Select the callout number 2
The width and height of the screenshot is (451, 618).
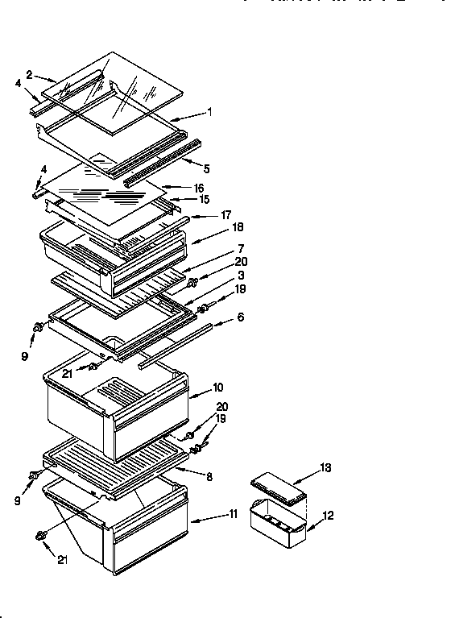click(x=29, y=74)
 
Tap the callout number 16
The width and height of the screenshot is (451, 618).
click(x=199, y=188)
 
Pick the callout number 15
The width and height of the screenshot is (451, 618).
click(x=204, y=199)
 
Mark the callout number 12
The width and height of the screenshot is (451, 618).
click(x=328, y=516)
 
